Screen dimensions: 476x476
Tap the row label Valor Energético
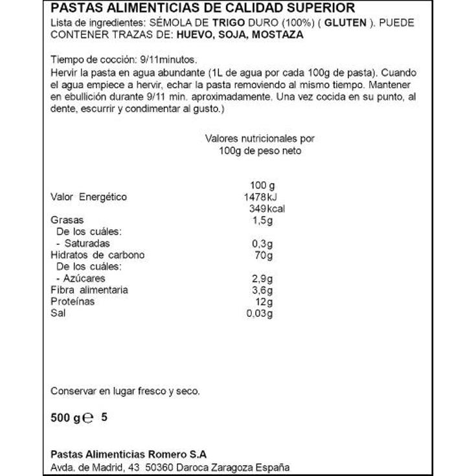click(x=89, y=197)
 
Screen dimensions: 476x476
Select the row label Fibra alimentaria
click(x=89, y=290)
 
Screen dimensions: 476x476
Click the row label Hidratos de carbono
click(x=97, y=255)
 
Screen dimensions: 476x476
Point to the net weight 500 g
click(x=65, y=418)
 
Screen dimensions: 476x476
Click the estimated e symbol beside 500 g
click(x=90, y=418)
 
